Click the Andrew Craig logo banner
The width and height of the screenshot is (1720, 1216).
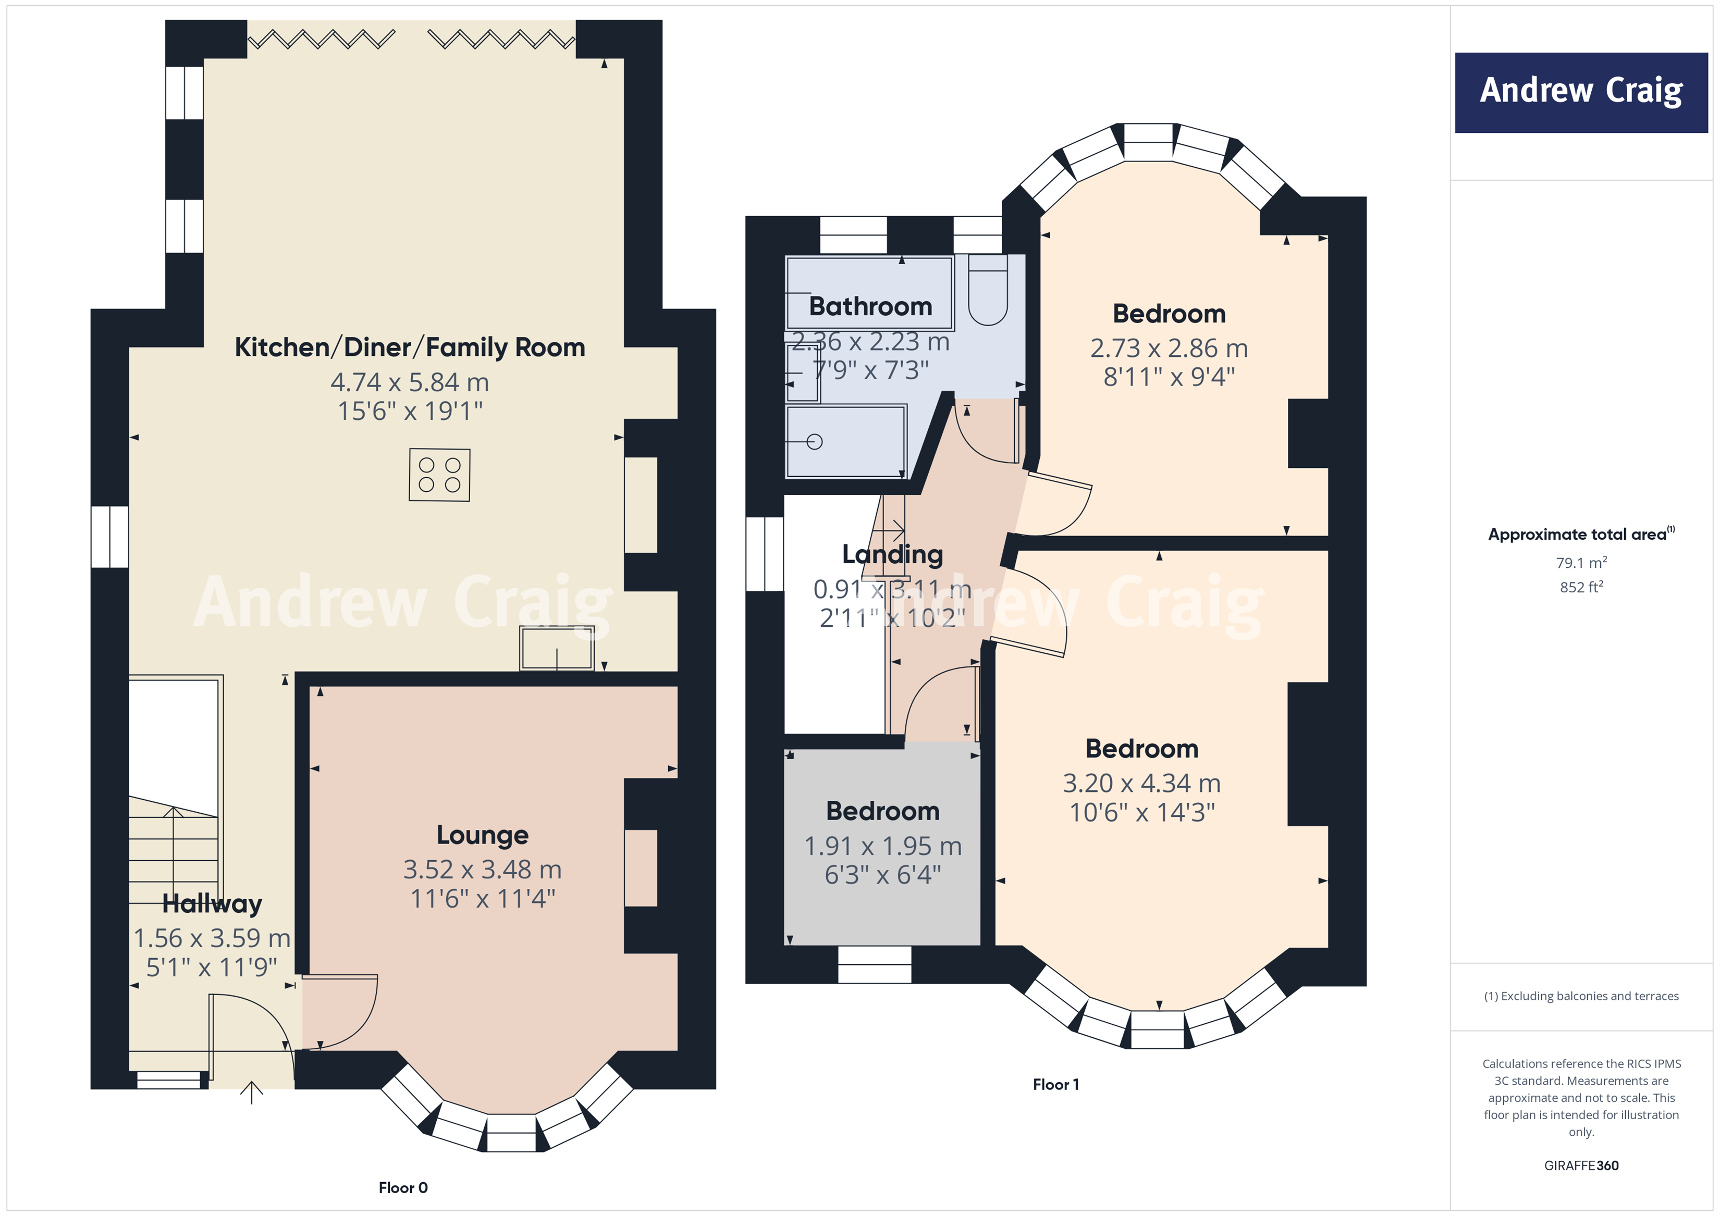pos(1581,92)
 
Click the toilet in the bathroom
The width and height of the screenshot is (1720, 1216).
pos(987,293)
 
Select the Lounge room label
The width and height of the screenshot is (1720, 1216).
pos(483,835)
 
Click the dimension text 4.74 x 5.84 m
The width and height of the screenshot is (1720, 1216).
pos(410,382)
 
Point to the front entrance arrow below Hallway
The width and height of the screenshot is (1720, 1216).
pos(252,1093)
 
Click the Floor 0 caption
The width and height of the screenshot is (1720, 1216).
pos(403,1187)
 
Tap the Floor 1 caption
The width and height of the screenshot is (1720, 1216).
pos(1055,1084)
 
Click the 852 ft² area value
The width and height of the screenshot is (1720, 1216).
pos(1581,588)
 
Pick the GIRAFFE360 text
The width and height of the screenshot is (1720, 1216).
pos(1581,1166)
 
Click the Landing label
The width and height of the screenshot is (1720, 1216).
pos(892,555)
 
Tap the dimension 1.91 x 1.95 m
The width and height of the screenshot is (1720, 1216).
pos(882,846)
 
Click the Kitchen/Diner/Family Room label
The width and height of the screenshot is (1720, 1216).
pos(410,348)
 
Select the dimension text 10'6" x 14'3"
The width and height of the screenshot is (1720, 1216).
pos(1141,812)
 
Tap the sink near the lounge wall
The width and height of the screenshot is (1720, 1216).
pos(557,649)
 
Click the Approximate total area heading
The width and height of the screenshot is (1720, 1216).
pos(1581,535)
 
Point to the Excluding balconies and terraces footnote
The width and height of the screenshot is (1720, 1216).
pos(1581,996)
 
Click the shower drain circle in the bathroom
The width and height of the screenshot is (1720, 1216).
pos(815,442)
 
